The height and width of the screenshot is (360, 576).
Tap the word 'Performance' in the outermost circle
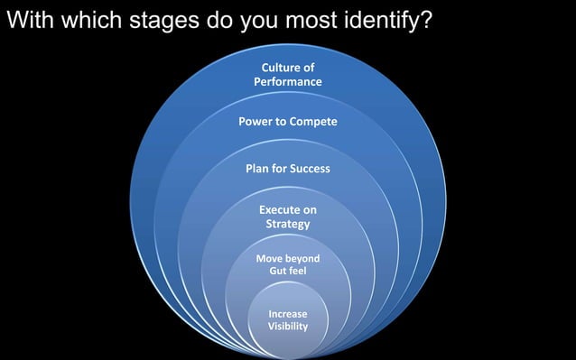287,82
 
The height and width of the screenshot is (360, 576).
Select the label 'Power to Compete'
287,121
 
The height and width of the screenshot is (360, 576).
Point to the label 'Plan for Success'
287,169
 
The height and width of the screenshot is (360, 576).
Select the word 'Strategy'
287,224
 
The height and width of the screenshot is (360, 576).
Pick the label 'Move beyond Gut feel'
287,264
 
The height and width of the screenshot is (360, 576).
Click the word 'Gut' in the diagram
277,271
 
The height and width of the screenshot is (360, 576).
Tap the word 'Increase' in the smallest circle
287,314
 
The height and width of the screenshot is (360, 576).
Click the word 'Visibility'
287,326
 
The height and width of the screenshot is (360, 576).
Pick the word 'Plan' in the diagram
258,169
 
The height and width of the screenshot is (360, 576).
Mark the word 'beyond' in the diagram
301,258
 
